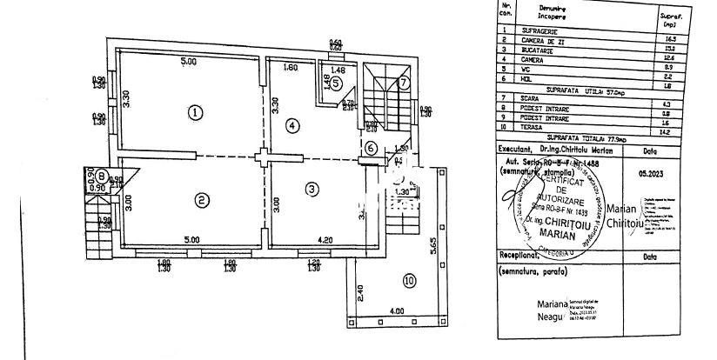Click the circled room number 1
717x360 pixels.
pos(197,111)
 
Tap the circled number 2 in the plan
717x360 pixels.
pos(202,201)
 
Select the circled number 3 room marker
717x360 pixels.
pos(309,188)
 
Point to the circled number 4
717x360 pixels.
pos(292,125)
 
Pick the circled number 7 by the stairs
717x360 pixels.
pos(403,83)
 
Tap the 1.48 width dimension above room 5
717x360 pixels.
pos(339,69)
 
